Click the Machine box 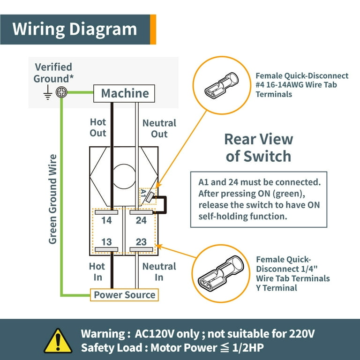coord(125,93)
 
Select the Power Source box coord(124,295)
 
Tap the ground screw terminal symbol coord(61,93)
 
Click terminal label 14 coord(106,220)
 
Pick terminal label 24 coord(141,220)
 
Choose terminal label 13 coord(106,242)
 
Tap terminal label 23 coord(141,242)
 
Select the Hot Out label coord(98,127)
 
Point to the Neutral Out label coord(159,128)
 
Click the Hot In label coord(98,272)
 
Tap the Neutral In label coord(159,272)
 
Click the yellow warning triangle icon coord(58,340)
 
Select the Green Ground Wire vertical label coord(53,199)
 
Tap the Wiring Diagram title coord(75,29)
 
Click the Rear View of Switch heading coord(258,147)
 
